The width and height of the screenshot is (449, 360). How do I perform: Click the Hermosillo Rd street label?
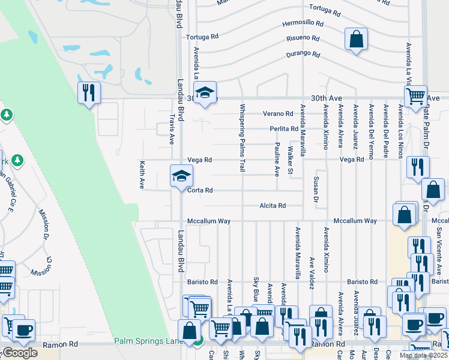coord(303,25)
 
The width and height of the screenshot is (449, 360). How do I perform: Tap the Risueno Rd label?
coord(303,38)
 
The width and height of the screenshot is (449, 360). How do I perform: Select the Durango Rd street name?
coord(303,54)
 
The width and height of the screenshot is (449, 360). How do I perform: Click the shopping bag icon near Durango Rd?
coord(356,39)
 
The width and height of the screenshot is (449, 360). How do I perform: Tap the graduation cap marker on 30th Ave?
coord(205,92)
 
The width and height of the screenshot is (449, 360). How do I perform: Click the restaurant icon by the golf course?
coord(89,93)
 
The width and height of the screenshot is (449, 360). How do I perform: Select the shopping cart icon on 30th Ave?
coord(415,96)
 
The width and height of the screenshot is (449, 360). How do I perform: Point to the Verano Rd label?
coord(277,114)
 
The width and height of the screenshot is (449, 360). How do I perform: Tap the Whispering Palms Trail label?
coord(243,139)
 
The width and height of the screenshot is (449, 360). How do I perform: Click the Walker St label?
coord(291,161)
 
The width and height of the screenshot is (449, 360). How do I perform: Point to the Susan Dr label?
coord(316,188)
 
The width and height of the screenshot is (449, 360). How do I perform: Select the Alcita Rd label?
coord(273,205)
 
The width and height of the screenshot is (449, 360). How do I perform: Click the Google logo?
coord(20,353)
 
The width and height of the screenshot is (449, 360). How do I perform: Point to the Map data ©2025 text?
coord(423,355)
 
